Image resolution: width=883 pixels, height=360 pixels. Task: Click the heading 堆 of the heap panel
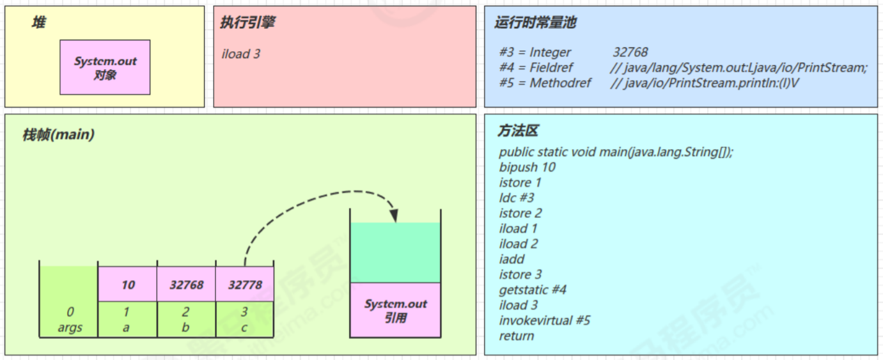click(x=39, y=23)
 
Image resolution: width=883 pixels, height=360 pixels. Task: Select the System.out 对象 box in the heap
click(x=105, y=67)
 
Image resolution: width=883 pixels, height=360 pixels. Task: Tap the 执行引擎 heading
click(x=247, y=23)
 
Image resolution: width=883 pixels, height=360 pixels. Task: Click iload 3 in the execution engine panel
click(x=241, y=54)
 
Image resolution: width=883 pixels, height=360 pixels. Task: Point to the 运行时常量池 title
click(x=535, y=23)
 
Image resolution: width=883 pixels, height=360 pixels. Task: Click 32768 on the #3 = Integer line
click(x=630, y=52)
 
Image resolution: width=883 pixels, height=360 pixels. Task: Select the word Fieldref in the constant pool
click(x=551, y=68)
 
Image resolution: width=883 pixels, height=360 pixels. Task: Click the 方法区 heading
click(x=518, y=131)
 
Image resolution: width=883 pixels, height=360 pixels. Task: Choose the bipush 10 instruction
click(x=527, y=168)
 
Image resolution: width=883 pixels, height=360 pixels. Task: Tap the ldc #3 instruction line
click(x=517, y=198)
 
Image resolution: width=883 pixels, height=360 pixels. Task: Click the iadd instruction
click(x=512, y=259)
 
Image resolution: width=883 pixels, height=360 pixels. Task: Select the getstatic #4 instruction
click(x=533, y=290)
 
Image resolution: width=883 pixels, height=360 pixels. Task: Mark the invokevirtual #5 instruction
click(x=545, y=320)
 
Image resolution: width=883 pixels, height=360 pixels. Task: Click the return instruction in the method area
click(x=517, y=336)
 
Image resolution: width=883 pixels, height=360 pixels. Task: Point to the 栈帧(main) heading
click(x=58, y=135)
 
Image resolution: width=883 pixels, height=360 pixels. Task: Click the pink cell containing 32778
click(x=245, y=285)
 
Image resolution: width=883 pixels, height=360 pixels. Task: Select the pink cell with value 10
click(x=128, y=285)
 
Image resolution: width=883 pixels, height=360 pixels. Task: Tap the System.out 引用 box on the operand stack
click(x=395, y=310)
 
